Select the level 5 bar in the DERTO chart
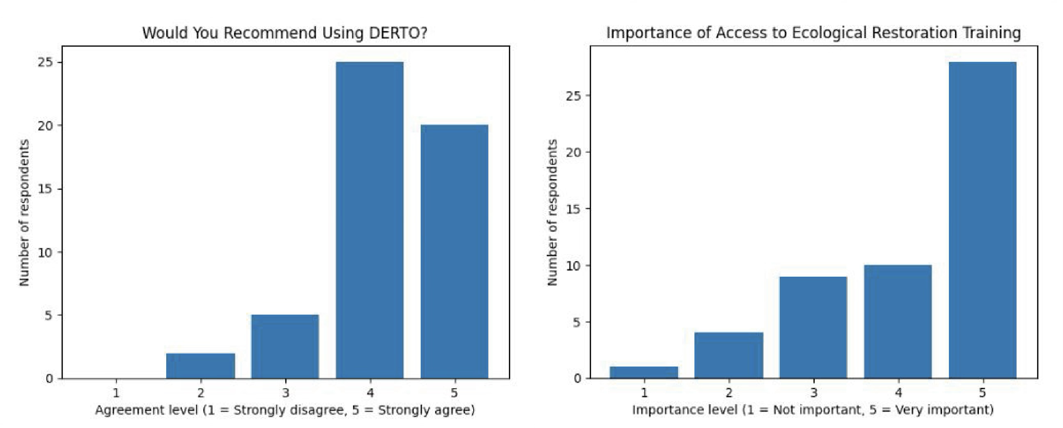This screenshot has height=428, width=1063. (x=454, y=252)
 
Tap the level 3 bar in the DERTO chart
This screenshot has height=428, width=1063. (x=285, y=346)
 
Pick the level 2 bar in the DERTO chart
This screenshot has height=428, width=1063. (x=201, y=366)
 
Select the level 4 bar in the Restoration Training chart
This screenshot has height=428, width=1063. (x=898, y=322)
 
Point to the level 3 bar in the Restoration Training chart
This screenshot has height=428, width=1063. (x=813, y=328)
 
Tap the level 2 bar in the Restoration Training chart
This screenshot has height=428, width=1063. (x=729, y=355)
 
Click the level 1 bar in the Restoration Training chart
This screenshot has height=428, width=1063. (x=644, y=372)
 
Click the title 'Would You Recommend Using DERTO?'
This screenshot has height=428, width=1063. (x=285, y=32)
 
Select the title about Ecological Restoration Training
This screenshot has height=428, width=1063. (x=813, y=32)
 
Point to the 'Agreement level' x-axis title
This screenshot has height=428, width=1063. (x=285, y=410)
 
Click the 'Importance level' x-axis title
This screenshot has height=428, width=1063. (x=813, y=410)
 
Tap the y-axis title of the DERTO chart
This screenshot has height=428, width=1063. (x=24, y=212)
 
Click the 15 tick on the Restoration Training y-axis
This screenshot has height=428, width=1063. (x=574, y=209)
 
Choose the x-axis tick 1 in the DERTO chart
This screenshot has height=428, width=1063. (x=116, y=393)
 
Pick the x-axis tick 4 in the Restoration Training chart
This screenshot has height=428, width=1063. (x=898, y=393)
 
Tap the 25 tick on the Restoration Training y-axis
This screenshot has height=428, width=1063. (x=574, y=96)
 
